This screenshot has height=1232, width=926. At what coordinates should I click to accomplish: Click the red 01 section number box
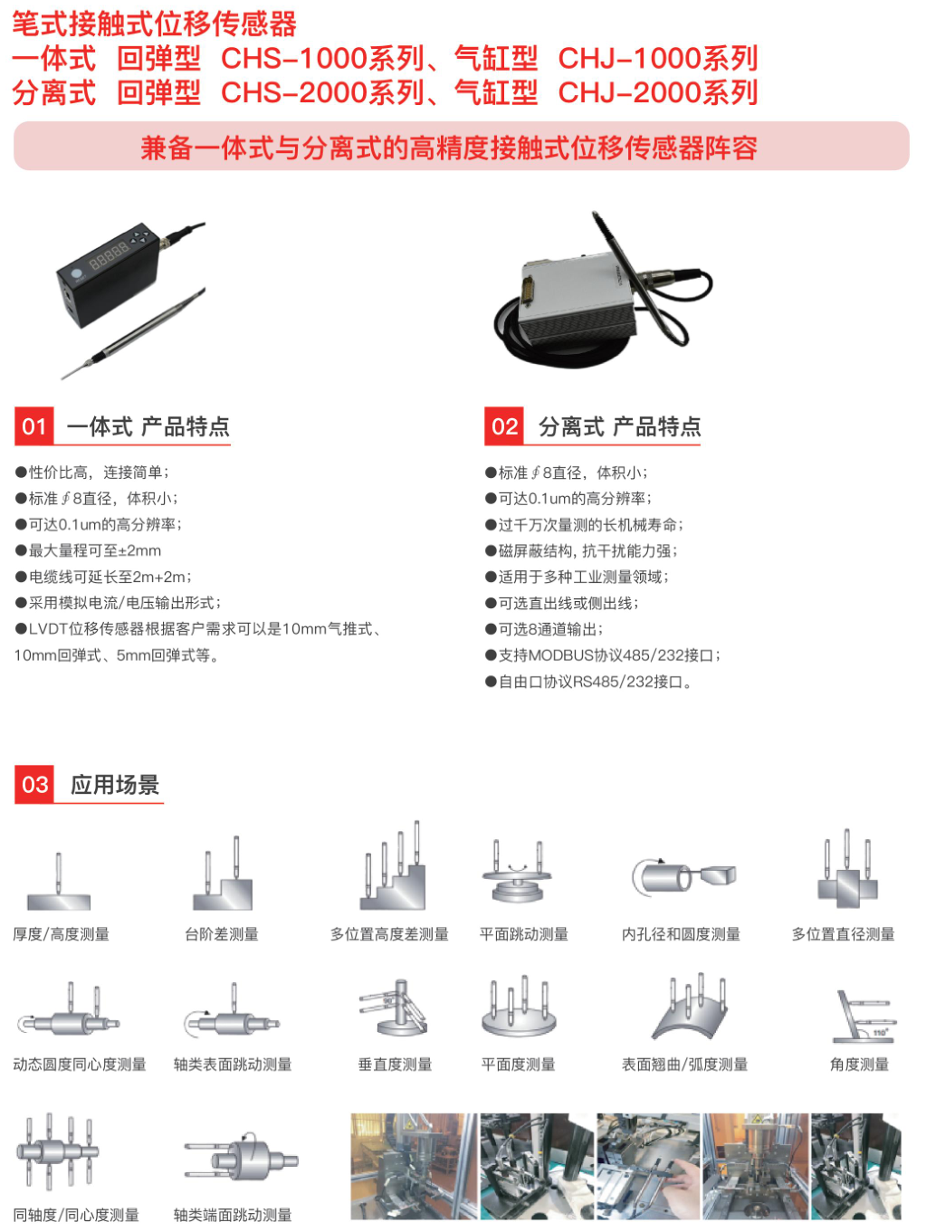point(34,426)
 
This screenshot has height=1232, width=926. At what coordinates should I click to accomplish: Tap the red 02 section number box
point(504,426)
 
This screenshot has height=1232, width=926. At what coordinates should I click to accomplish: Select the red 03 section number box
point(34,785)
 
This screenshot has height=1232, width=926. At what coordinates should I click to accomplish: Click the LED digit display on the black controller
point(110,255)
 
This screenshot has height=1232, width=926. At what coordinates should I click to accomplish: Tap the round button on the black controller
point(76,274)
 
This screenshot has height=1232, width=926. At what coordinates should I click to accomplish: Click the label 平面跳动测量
point(523,934)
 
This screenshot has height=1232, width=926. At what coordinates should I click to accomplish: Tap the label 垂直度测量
point(395,1065)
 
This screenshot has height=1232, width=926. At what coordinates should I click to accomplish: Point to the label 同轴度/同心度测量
point(76,1215)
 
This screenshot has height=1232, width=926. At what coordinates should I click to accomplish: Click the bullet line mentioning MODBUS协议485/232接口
point(603,655)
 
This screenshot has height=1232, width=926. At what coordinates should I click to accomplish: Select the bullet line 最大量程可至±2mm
point(88,550)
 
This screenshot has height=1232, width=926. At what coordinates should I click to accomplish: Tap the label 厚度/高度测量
point(62,934)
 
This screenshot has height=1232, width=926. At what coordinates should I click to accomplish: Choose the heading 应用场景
point(115,785)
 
